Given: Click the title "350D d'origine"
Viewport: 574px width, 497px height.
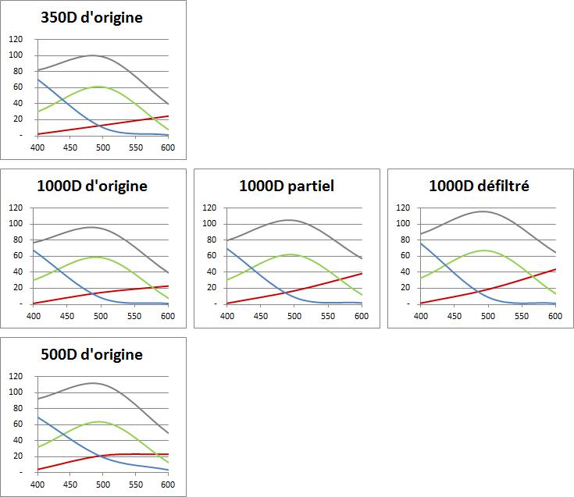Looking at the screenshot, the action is [x=91, y=17].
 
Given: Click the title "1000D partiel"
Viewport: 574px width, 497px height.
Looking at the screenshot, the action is [x=287, y=186].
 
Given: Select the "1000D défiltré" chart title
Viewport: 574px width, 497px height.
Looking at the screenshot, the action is [x=479, y=186].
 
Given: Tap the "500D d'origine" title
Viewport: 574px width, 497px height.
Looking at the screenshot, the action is [x=91, y=354].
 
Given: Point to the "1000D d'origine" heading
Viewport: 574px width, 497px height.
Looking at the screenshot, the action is [x=92, y=186].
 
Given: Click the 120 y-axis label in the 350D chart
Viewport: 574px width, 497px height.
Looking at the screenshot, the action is [x=16, y=39].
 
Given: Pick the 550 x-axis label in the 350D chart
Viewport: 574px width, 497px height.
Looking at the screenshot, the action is [x=135, y=147].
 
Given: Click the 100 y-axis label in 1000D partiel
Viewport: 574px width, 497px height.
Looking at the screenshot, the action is [x=209, y=223].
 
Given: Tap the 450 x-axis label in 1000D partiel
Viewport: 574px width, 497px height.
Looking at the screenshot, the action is [x=261, y=316].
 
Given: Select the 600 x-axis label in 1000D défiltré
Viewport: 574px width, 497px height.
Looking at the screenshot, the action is [x=555, y=316].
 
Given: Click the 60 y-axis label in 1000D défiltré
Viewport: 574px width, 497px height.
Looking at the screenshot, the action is [x=405, y=255].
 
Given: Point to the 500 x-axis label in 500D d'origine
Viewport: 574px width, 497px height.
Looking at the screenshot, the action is [x=103, y=485].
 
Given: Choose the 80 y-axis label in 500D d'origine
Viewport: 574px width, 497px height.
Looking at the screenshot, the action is [x=18, y=408].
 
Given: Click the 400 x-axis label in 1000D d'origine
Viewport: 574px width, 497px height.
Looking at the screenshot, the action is [x=34, y=316].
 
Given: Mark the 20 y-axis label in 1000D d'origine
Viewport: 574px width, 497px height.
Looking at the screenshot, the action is [x=18, y=287].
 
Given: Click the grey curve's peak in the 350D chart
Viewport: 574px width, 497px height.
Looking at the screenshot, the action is [x=92, y=55].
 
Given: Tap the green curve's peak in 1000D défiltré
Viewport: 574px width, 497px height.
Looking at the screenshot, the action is [x=484, y=250].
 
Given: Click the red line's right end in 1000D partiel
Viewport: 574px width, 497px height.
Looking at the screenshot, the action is [x=362, y=274].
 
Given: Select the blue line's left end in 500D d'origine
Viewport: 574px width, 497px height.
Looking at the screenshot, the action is [x=37, y=417].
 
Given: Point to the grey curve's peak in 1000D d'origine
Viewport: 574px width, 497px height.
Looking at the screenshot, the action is [x=91, y=227].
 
